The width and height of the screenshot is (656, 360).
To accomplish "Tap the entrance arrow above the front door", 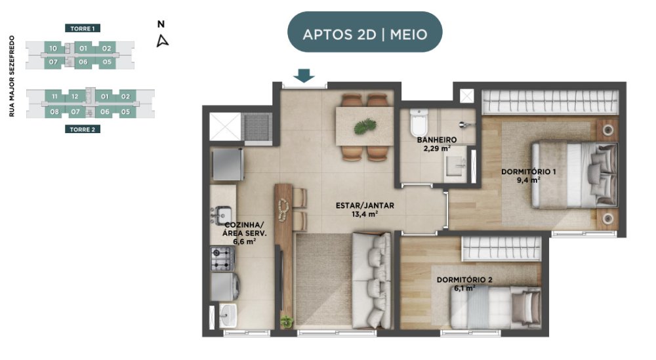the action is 304,75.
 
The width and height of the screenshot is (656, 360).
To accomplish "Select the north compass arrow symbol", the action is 162,41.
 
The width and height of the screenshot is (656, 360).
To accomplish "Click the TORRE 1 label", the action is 83,28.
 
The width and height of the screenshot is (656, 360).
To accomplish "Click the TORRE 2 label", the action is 83,129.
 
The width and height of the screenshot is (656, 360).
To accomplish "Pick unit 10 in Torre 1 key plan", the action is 53,49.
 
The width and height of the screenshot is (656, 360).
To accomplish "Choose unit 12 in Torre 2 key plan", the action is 75,96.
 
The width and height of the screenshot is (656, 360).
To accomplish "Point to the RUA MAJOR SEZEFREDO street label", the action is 12,76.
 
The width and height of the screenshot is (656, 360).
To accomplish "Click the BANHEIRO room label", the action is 437,140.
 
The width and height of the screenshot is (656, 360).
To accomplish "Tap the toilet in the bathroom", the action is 419,122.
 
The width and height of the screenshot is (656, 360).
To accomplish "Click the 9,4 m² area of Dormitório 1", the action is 528,180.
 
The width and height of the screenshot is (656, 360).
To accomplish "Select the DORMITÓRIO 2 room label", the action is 464,280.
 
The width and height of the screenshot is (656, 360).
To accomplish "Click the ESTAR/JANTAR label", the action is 365,206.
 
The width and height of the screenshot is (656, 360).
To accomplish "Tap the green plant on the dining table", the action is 365,127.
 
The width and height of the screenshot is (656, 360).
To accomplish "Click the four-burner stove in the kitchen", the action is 221,258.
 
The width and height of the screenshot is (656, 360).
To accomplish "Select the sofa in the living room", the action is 371,280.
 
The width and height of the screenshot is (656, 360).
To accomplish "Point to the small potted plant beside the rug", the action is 287,321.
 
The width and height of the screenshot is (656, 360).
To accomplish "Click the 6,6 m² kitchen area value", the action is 244,241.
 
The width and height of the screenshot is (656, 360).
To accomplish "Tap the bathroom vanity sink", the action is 456,166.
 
